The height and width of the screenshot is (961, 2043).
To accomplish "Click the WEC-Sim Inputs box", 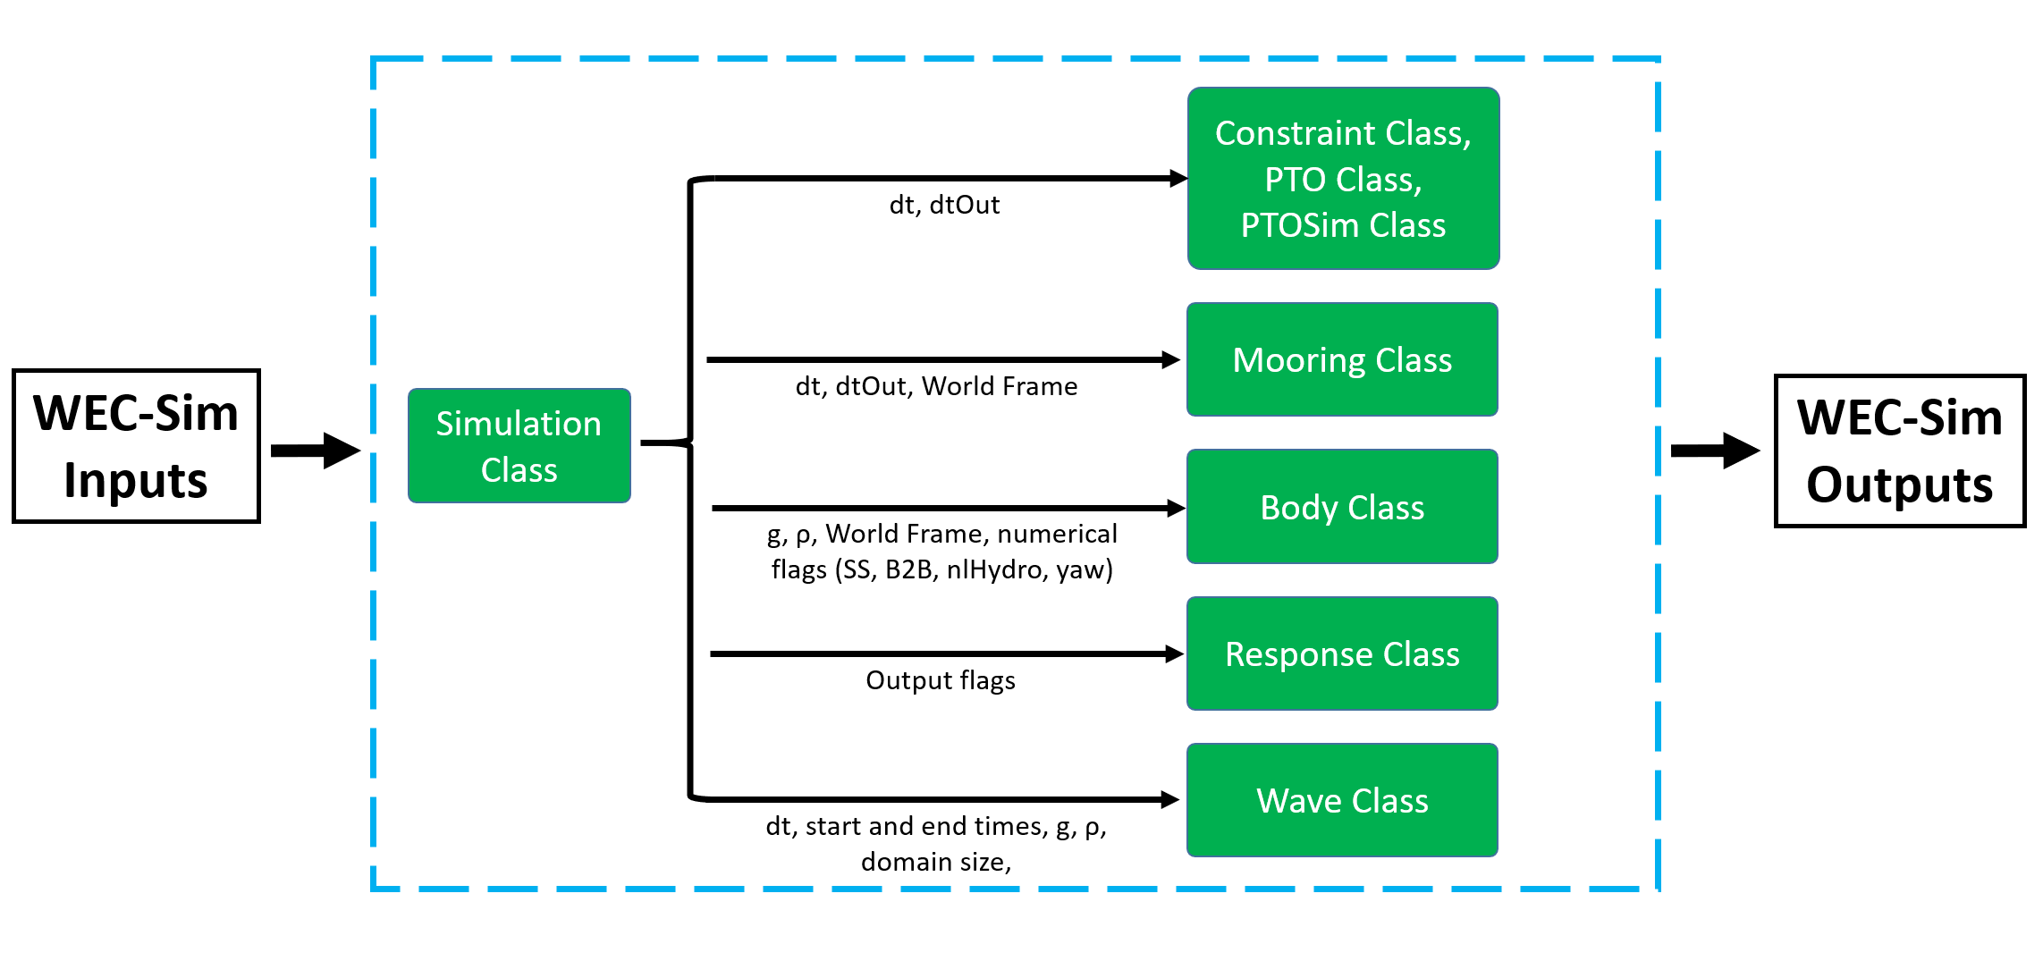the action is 136,446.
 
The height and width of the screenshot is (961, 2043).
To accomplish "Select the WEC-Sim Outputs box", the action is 1900,451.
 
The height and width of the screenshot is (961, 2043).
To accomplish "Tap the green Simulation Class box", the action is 519,446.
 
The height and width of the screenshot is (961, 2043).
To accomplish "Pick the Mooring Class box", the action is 1342,359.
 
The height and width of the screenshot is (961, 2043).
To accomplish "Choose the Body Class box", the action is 1342,507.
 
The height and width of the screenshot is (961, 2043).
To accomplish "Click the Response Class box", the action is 1342,653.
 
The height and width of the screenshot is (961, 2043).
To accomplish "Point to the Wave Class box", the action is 1342,800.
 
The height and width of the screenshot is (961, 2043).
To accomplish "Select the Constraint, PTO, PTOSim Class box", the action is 1343,178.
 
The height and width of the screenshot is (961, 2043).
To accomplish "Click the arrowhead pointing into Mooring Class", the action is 1171,359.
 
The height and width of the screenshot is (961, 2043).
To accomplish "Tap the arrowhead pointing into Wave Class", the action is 1170,799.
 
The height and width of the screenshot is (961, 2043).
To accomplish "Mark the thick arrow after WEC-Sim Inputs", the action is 316,451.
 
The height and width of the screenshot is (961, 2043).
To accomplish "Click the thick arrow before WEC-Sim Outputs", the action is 1716,451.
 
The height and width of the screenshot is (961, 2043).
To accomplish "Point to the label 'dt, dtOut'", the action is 944,205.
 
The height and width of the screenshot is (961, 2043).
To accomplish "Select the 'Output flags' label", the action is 941,680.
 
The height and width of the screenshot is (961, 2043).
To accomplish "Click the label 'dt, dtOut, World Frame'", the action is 937,386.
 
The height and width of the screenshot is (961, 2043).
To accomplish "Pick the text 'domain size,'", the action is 936,862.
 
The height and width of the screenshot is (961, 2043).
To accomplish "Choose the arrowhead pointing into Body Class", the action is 1177,508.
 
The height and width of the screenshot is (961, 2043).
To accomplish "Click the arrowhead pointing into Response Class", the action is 1175,653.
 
